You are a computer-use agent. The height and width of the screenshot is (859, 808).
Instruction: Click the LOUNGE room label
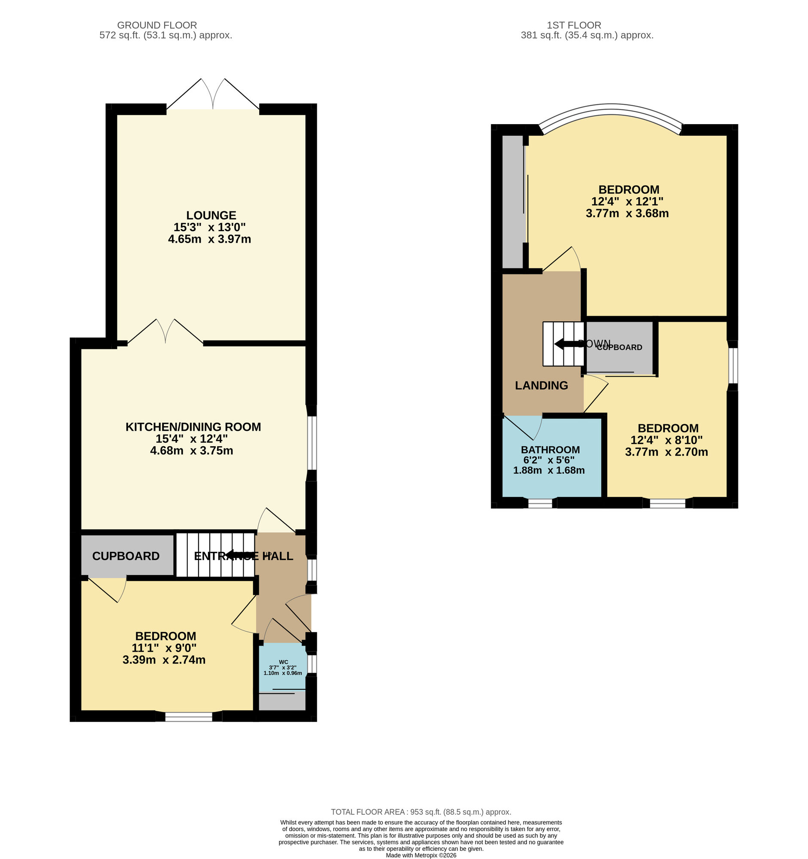(211, 215)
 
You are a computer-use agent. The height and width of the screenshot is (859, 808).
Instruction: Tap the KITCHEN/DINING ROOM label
(193, 427)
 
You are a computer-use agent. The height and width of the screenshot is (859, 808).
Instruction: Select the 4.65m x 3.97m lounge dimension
(209, 239)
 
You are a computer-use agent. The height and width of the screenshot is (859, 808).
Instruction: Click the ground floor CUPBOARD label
(125, 556)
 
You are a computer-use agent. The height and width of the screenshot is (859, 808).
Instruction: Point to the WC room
(283, 667)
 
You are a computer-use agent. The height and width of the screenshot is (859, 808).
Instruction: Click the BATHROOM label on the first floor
(550, 450)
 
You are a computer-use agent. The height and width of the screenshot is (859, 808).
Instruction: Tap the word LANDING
(541, 385)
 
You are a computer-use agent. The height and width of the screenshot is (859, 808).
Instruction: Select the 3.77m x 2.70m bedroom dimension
(666, 452)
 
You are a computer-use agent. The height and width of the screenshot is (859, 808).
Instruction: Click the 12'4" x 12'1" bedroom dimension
(627, 201)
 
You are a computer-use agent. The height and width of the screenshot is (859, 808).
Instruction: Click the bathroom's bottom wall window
(540, 503)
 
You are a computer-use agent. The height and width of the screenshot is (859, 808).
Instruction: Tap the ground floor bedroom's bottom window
(189, 717)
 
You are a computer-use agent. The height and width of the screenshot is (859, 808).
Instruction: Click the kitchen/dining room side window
(312, 443)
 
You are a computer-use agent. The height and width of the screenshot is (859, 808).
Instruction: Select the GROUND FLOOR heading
(157, 25)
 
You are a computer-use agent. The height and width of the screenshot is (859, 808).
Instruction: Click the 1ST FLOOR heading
(574, 25)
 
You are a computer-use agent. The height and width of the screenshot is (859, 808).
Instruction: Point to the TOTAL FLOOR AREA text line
(421, 812)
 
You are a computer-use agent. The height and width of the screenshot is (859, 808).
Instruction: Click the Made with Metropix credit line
(421, 855)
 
